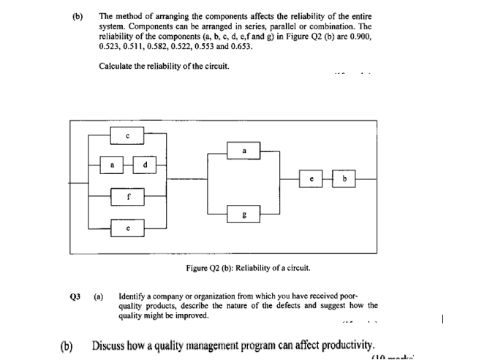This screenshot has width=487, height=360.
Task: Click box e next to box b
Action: coord(312,178)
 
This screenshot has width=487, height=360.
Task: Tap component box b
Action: coord(344,178)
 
